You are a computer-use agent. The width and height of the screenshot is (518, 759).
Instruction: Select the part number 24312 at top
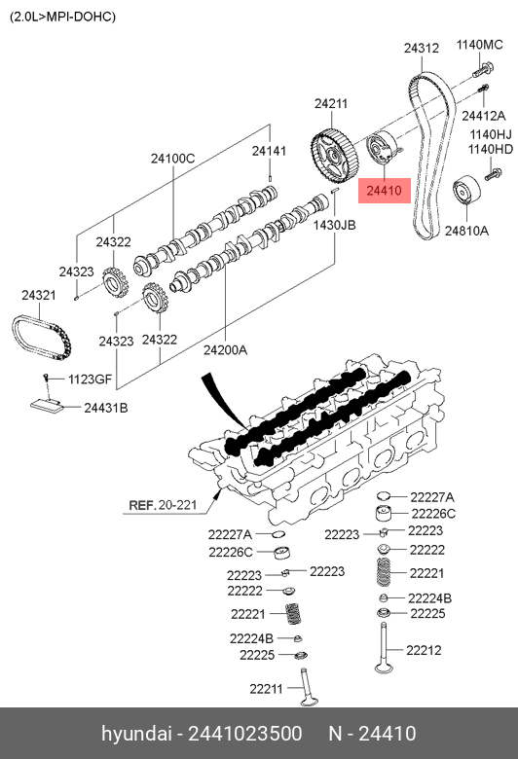pyautogui.click(x=422, y=48)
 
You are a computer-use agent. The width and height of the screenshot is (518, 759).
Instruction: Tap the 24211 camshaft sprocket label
pyautogui.click(x=330, y=103)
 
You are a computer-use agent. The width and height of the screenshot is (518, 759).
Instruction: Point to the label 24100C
pyautogui.click(x=172, y=159)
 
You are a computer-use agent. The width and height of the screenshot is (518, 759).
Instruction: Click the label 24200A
pyautogui.click(x=225, y=348)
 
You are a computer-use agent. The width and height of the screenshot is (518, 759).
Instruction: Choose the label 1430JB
pyautogui.click(x=335, y=225)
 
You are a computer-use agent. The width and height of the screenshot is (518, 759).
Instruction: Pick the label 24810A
pyautogui.click(x=467, y=232)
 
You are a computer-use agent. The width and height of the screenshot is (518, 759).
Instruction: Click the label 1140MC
pyautogui.click(x=480, y=45)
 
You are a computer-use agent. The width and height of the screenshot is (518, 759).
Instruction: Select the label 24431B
pyautogui.click(x=105, y=408)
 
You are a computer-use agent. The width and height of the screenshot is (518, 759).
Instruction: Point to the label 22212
pyautogui.click(x=424, y=651)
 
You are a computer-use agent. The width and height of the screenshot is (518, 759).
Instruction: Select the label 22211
pyautogui.click(x=265, y=689)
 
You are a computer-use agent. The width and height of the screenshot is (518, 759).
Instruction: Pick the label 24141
pyautogui.click(x=269, y=151)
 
